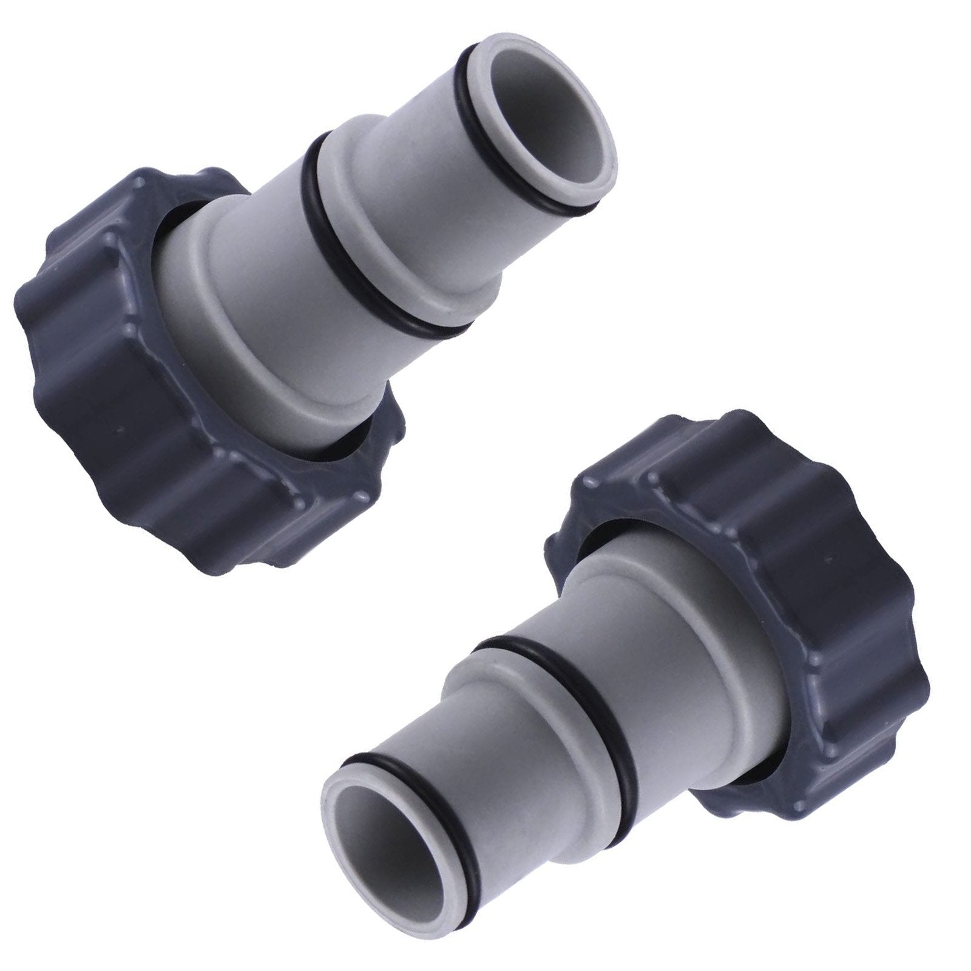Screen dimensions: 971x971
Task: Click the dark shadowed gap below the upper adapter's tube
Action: coord(340,449)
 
